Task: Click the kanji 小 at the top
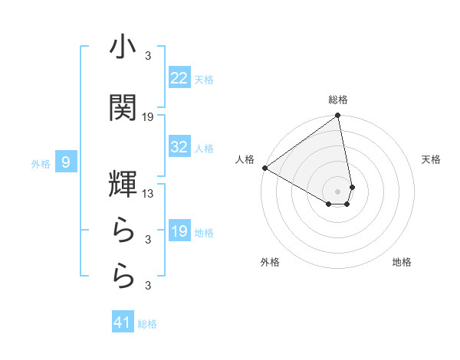pyautogui.click(x=123, y=47)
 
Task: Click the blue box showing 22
pyautogui.click(x=179, y=77)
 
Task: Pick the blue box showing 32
pyautogui.click(x=179, y=147)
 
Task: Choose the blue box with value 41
pyautogui.click(x=123, y=322)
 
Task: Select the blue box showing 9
pyautogui.click(x=66, y=162)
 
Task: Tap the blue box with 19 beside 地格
pyautogui.click(x=179, y=231)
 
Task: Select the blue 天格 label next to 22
pyautogui.click(x=204, y=79)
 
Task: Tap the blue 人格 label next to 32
pyautogui.click(x=204, y=149)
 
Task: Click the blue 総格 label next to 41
pyautogui.click(x=147, y=324)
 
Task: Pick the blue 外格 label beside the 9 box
pyautogui.click(x=41, y=163)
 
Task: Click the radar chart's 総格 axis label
pyautogui.click(x=338, y=100)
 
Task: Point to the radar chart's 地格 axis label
pyautogui.click(x=402, y=262)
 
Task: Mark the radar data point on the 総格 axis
pyautogui.click(x=338, y=116)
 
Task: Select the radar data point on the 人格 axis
pyautogui.click(x=264, y=168)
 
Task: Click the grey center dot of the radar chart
pyautogui.click(x=338, y=191)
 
